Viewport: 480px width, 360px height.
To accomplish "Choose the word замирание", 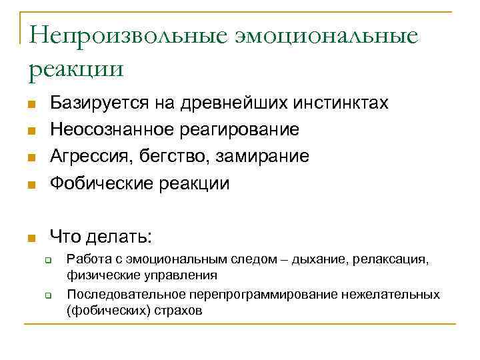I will pyautogui.click(x=264, y=156).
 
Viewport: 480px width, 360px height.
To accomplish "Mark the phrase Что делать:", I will pyautogui.click(x=101, y=236).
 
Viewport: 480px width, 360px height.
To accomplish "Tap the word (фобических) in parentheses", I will pyautogui.click(x=101, y=311).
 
